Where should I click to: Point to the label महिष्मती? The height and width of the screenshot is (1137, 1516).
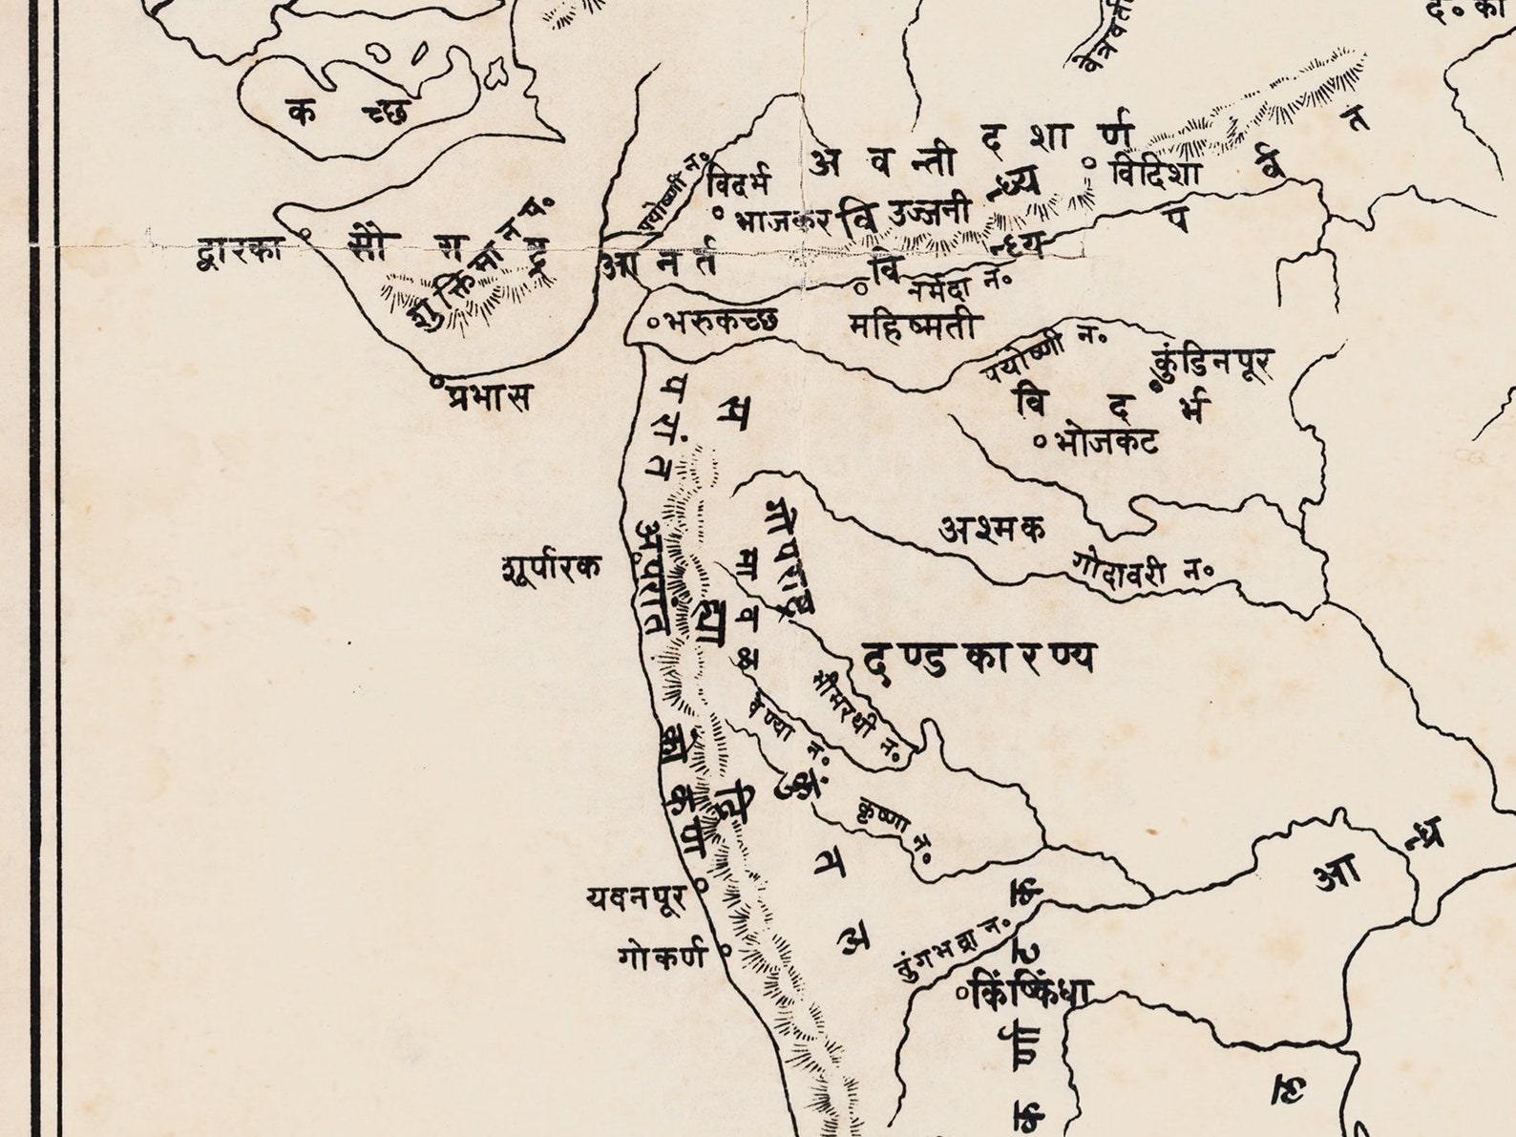click(914, 327)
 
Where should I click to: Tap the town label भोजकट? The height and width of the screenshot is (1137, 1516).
click(1108, 442)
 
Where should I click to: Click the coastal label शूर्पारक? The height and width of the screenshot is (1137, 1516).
click(551, 569)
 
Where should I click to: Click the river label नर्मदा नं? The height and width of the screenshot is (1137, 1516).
click(958, 284)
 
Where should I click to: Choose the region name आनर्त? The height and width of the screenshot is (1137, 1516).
click(659, 265)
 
